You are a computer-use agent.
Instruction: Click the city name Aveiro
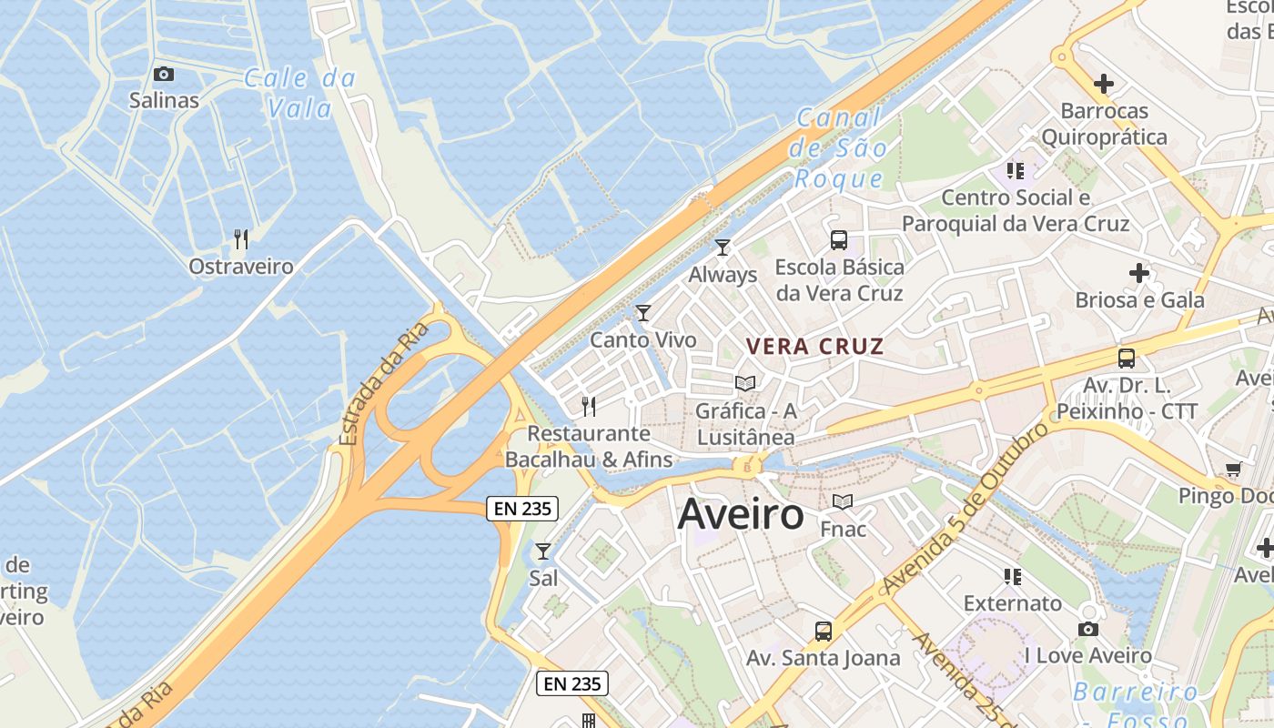pos(741,515)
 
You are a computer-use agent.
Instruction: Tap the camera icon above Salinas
pos(164,74)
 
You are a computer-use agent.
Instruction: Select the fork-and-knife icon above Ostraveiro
pos(241,239)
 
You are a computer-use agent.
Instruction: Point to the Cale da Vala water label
pos(299,94)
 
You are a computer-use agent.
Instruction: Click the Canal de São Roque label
pos(838,147)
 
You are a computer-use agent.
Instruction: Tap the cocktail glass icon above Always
pos(723,248)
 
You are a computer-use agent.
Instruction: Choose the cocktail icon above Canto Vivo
pos(643,313)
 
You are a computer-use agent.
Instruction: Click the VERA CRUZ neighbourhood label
pos(814,347)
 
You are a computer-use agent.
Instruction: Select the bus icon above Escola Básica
pos(838,240)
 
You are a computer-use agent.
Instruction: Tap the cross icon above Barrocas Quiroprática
pos(1103,85)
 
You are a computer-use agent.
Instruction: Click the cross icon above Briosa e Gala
pos(1138,272)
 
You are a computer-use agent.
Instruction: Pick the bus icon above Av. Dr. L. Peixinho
pos(1127,359)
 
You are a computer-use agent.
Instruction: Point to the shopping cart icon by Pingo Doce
pos(1233,470)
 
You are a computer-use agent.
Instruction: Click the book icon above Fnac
pos(843,501)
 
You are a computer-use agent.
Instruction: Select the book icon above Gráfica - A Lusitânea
pos(745,383)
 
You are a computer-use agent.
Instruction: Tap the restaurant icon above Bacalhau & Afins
pos(589,406)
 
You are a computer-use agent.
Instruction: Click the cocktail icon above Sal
pos(543,551)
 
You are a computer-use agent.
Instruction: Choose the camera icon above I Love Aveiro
pos(1087,629)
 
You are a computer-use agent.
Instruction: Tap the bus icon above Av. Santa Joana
pos(823,631)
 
